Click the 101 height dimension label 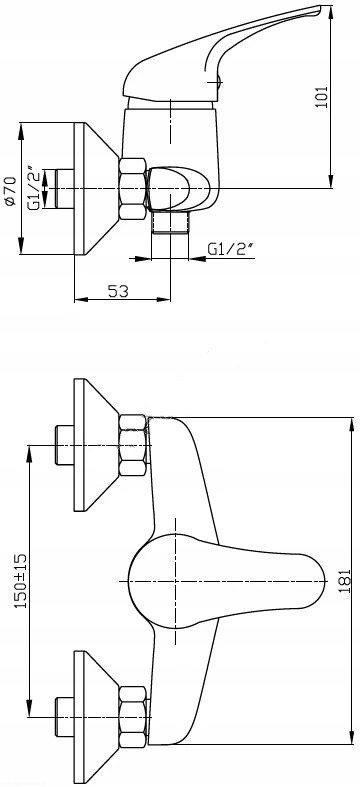point(321,96)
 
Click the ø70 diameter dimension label point(10,190)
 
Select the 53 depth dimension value point(118,291)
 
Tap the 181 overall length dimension point(344,581)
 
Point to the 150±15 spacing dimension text point(21,581)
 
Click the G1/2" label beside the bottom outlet point(231,248)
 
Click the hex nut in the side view point(133,188)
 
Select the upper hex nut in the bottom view point(134,445)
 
